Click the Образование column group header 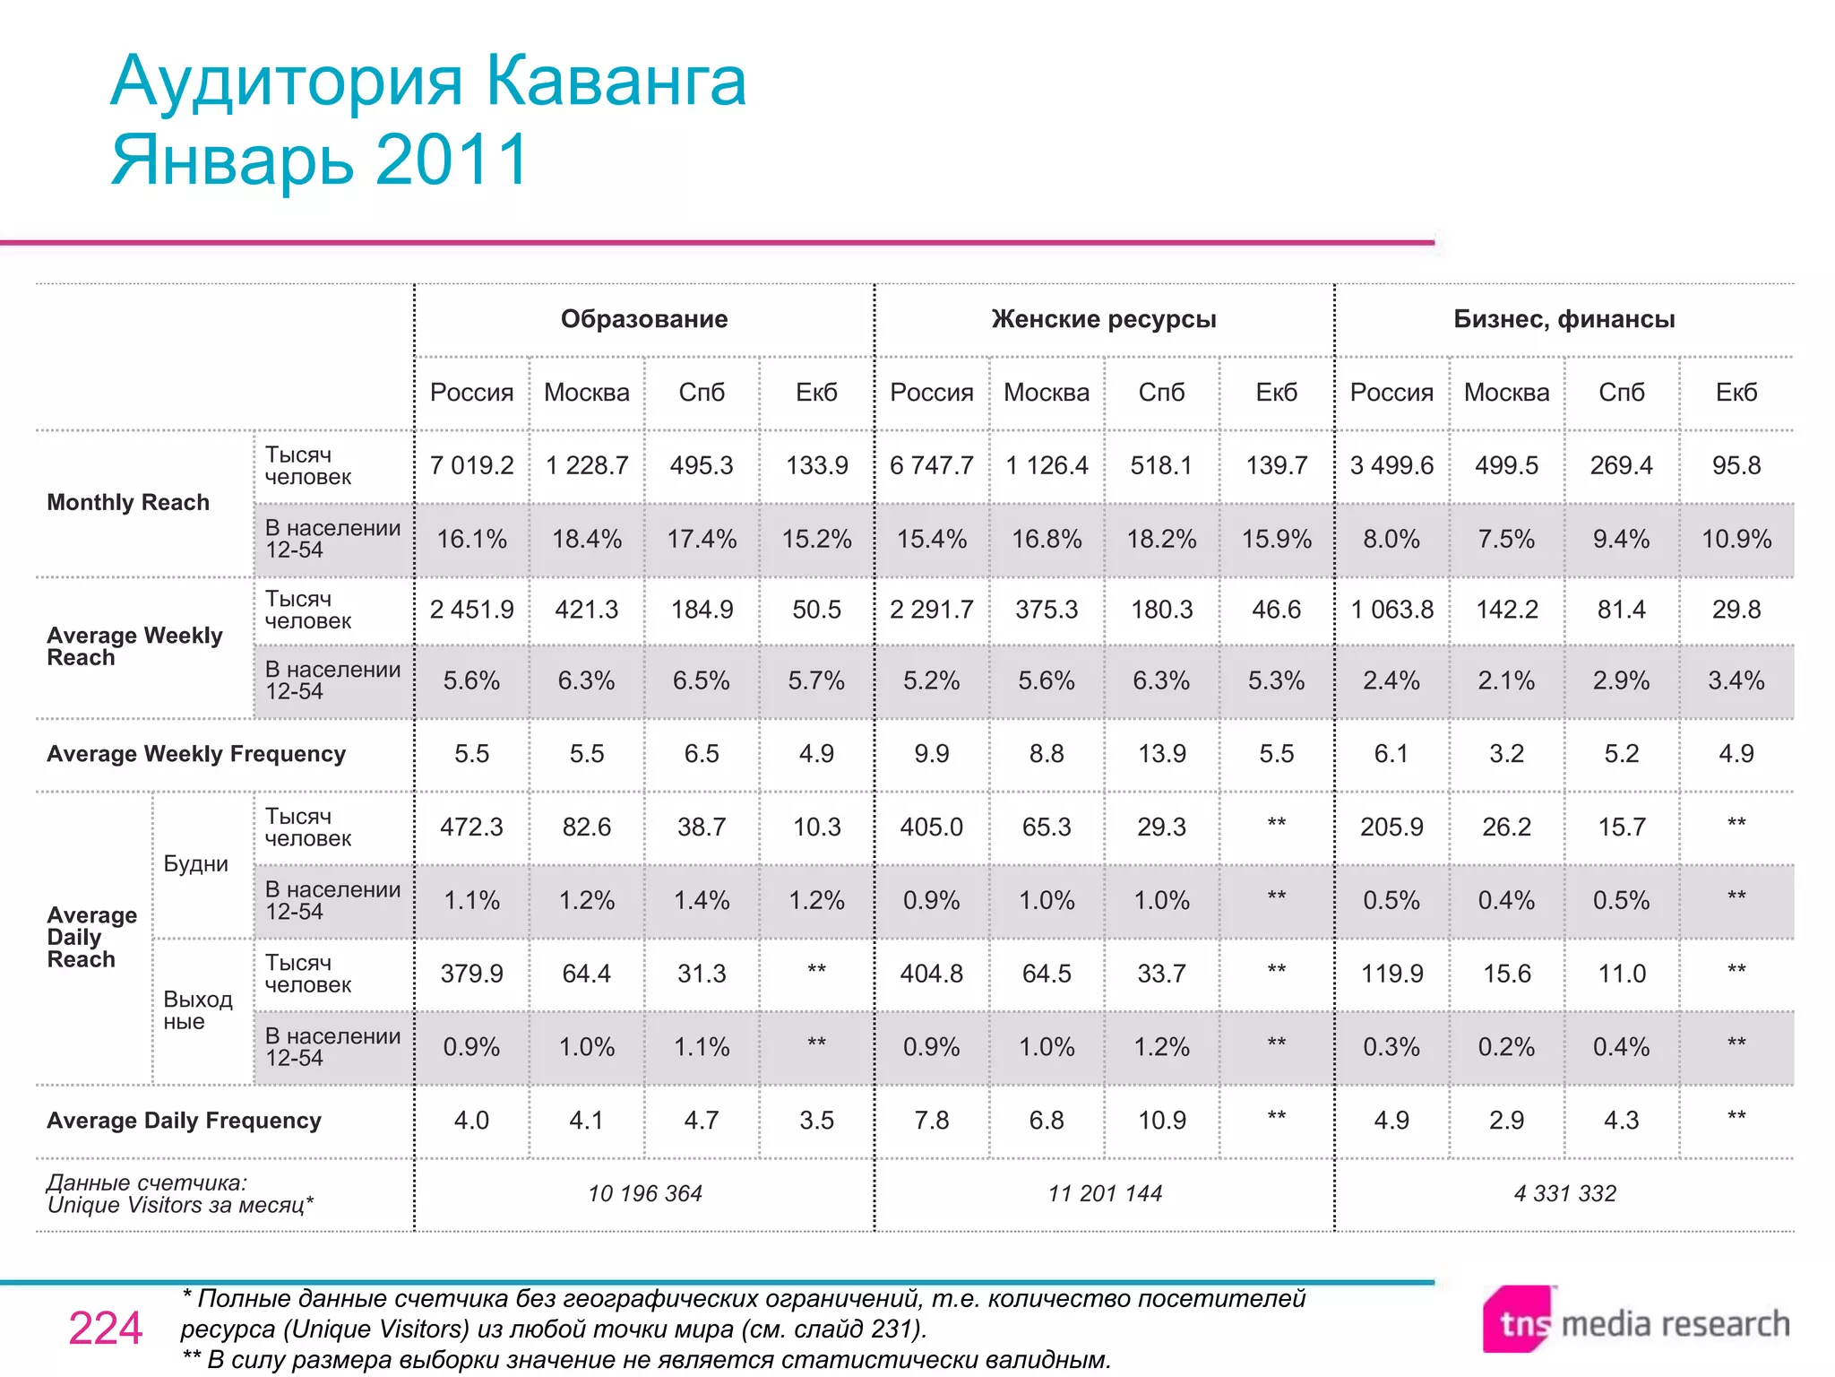coord(644,319)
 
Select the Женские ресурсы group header coord(1104,319)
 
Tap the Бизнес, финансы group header coord(1564,319)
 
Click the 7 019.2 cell coord(471,465)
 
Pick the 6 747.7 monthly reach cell coord(931,465)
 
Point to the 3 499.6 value coord(1391,465)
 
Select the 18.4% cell coord(587,539)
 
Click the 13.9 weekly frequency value coord(1161,754)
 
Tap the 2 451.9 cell coord(471,610)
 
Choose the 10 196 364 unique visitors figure coord(644,1193)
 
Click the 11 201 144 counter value coord(1104,1193)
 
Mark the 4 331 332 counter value coord(1564,1193)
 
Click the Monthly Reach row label coord(128,502)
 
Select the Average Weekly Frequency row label coord(195,754)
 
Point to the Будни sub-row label coord(195,864)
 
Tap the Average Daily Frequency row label coord(184,1121)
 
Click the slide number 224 coord(105,1328)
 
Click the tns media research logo coord(1636,1322)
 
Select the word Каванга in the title coord(616,82)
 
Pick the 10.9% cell coord(1736,539)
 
